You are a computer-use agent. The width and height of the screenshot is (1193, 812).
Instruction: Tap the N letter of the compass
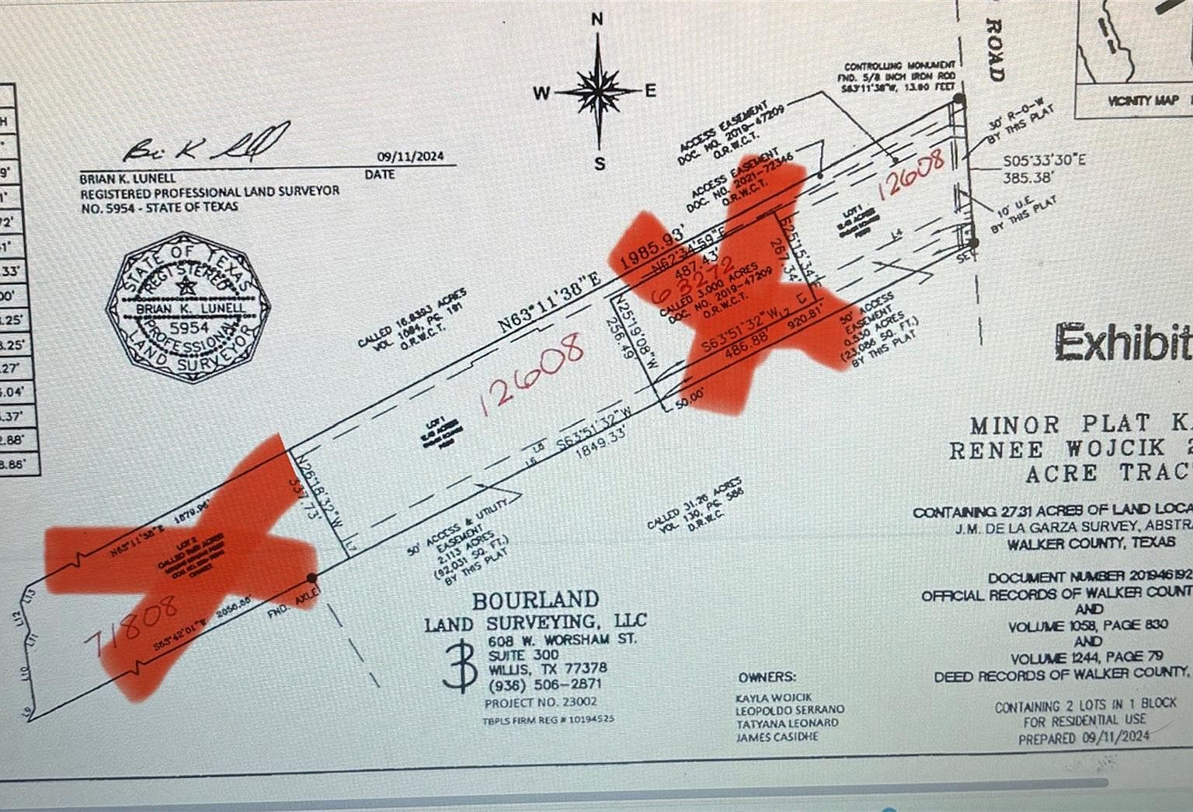click(597, 20)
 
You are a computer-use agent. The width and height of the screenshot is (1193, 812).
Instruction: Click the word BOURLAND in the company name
click(536, 600)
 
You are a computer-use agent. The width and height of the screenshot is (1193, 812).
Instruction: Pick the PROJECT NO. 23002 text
click(541, 702)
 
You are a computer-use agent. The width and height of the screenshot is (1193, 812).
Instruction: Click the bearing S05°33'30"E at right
click(1043, 161)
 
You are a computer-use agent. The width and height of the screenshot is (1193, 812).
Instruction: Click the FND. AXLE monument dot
click(312, 577)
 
